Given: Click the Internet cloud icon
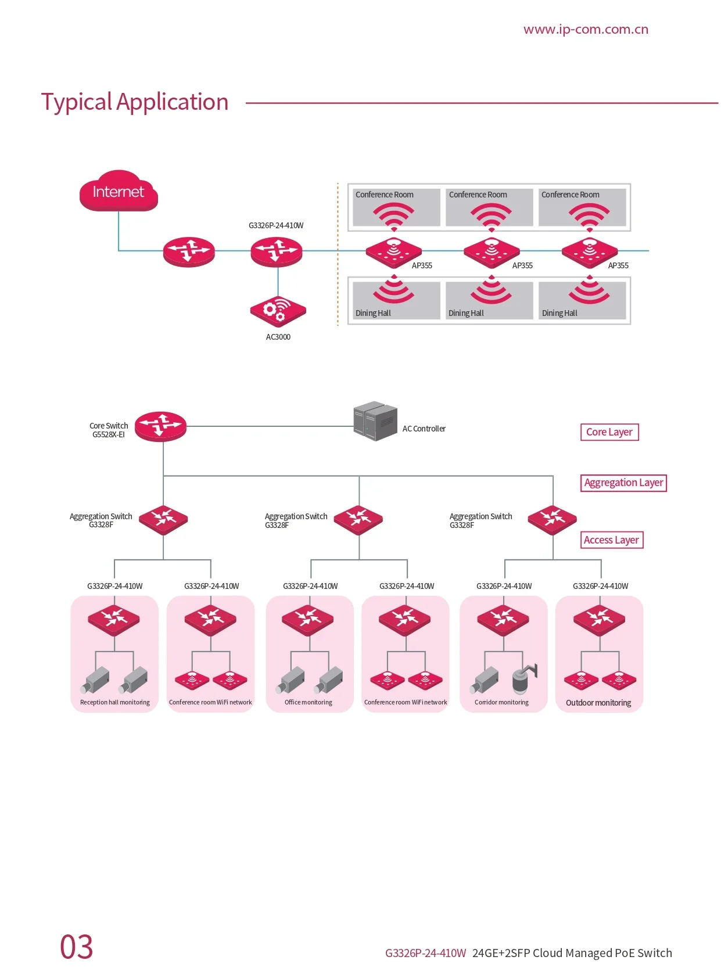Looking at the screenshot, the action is coord(119,191).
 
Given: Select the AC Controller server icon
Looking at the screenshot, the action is coord(375,421).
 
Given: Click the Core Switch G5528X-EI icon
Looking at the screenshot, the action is coord(160,426).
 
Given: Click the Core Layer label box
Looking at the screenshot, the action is coord(609,432).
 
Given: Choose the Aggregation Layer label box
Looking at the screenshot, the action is coord(623,483).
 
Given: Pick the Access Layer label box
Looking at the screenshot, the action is coord(611,540).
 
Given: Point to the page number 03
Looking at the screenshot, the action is coord(77,947).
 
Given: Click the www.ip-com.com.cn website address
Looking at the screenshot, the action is coord(586,29).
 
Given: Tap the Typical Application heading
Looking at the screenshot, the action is coord(135,102).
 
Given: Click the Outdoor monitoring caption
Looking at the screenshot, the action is coord(598,703).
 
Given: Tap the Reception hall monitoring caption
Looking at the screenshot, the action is coord(115,702).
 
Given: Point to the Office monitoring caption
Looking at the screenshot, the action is coord(309,702).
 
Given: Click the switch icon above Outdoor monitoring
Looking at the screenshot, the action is coord(599,620).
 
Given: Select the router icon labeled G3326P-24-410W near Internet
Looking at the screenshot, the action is coord(276,251).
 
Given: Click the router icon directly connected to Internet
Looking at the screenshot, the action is coord(189,251).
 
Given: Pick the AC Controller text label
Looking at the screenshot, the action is coord(424,429).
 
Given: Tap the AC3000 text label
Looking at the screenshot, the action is coord(278,337).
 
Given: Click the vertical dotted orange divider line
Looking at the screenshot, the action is coord(338,254).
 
